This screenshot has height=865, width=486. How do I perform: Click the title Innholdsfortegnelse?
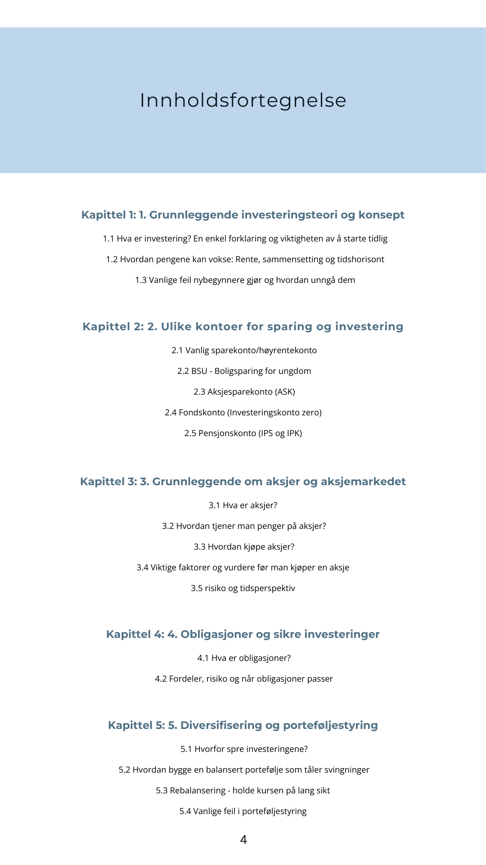(x=243, y=100)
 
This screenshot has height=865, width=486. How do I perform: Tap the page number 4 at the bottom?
(x=243, y=840)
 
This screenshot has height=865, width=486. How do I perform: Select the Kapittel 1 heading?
(x=243, y=215)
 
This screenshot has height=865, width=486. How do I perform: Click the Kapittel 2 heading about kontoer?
(x=243, y=327)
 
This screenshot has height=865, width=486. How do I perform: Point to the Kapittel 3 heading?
(x=243, y=482)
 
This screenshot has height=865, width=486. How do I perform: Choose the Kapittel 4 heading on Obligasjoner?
(x=243, y=634)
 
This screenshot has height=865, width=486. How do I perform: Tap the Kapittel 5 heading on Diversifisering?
(x=243, y=725)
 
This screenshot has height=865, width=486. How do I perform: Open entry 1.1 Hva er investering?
(x=245, y=239)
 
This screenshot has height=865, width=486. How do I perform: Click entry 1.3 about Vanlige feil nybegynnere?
(x=245, y=280)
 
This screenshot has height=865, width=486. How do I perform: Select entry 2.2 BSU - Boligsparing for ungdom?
(x=244, y=371)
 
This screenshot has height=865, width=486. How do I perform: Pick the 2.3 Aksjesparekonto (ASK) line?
(x=244, y=392)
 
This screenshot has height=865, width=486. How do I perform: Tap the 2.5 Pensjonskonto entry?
(x=243, y=433)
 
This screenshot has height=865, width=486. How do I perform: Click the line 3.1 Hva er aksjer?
(x=243, y=505)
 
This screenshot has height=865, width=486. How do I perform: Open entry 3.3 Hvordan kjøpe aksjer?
(x=244, y=547)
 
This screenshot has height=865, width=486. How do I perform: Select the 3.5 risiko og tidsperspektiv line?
(x=243, y=588)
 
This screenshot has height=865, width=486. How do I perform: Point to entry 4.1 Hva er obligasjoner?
(x=244, y=658)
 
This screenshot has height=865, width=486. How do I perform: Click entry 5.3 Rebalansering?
(x=243, y=791)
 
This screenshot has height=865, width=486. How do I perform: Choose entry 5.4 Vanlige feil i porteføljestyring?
(x=243, y=811)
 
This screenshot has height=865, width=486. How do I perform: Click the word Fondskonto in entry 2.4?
(x=202, y=413)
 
